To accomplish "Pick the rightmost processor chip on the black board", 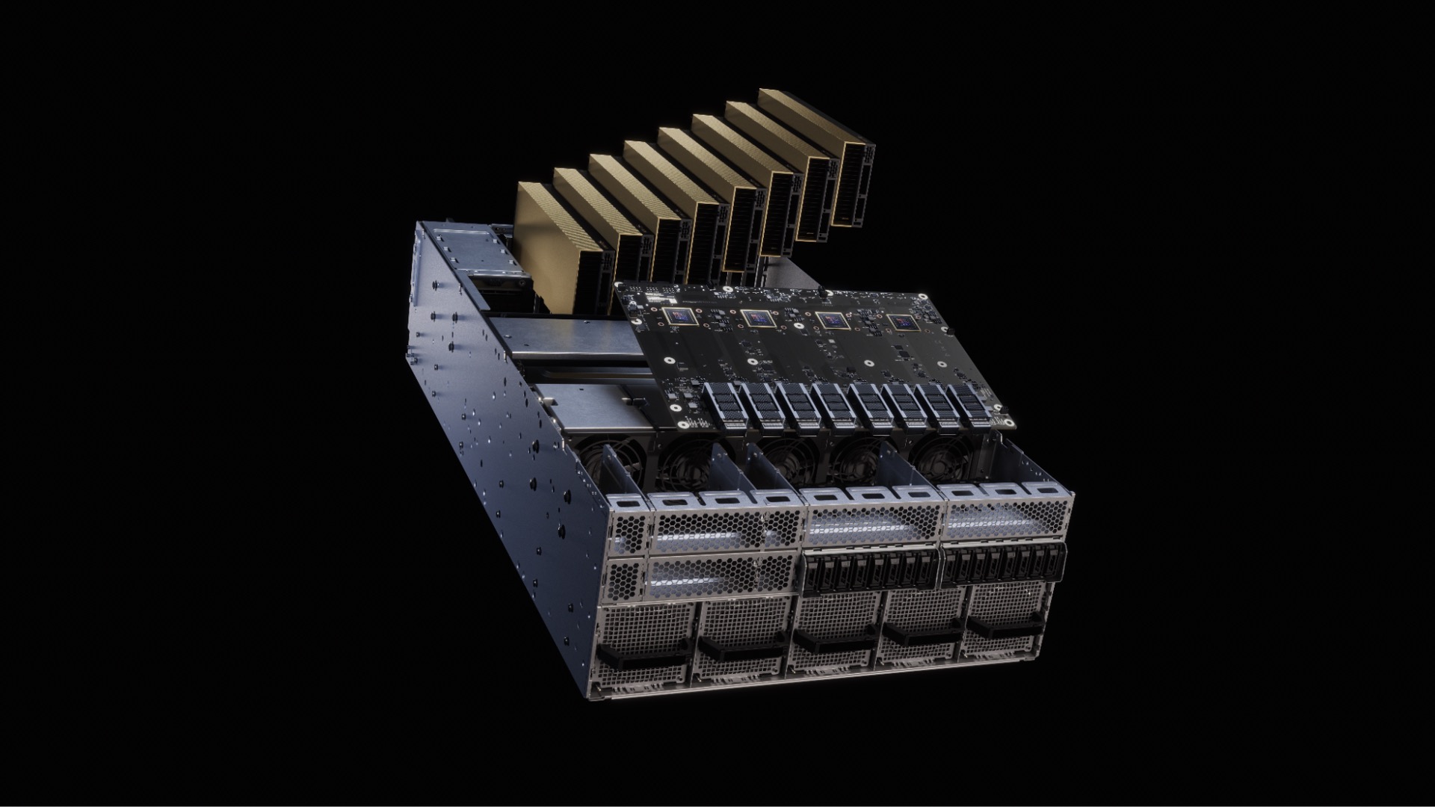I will [902, 323].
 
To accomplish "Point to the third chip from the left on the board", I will [830, 320].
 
